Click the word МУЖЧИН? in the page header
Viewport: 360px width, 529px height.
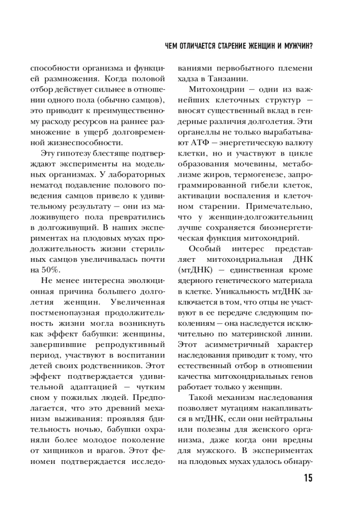(x=296, y=47)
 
